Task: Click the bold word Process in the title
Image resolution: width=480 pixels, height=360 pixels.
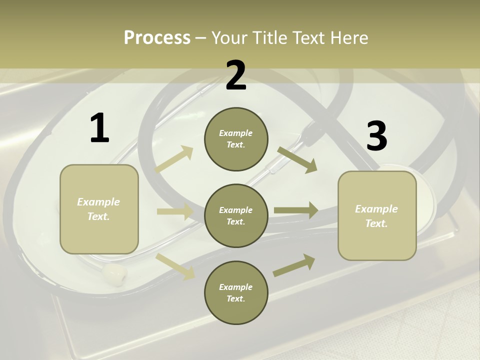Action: [x=157, y=37]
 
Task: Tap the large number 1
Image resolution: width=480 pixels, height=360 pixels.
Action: [x=99, y=128]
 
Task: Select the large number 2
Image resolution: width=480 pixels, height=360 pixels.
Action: [x=236, y=76]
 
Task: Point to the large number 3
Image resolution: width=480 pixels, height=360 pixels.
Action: [x=376, y=136]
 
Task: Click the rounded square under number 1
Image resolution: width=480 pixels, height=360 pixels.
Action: [x=99, y=209]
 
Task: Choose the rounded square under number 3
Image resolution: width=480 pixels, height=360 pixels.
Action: [x=377, y=215]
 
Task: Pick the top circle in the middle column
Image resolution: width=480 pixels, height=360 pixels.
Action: [x=236, y=139]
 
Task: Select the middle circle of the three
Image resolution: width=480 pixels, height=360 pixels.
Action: [x=236, y=215]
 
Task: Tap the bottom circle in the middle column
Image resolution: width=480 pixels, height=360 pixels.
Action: [x=236, y=292]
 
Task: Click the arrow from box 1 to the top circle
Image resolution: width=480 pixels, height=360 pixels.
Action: [x=174, y=159]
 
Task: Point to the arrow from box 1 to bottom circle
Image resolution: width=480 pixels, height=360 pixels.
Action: [x=175, y=266]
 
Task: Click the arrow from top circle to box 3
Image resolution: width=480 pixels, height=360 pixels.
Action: [x=297, y=159]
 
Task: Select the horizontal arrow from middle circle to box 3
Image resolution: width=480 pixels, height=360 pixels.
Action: [x=296, y=210]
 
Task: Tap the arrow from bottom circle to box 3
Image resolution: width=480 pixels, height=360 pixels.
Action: [x=294, y=265]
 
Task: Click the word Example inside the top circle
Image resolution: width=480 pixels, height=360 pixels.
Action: [x=236, y=133]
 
